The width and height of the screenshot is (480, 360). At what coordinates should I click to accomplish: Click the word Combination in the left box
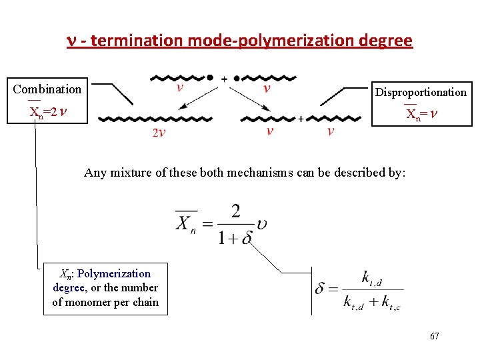coord(47,89)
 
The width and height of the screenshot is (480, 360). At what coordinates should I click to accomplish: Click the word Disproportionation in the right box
coord(421,93)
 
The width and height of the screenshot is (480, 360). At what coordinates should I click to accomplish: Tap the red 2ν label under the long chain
coord(159,134)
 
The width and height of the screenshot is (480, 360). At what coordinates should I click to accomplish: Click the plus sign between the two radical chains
coord(224,78)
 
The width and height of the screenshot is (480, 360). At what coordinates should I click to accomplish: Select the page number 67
coord(434,337)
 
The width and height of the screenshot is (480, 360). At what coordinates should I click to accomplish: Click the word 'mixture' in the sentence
coord(135,173)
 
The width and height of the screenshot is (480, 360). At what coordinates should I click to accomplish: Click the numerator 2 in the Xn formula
coord(235,212)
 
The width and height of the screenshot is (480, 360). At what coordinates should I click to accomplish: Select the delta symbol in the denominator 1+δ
coord(246,238)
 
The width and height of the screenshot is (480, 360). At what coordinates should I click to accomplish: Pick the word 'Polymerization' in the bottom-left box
coord(114,273)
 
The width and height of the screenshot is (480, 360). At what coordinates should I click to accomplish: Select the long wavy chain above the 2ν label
coord(155,120)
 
